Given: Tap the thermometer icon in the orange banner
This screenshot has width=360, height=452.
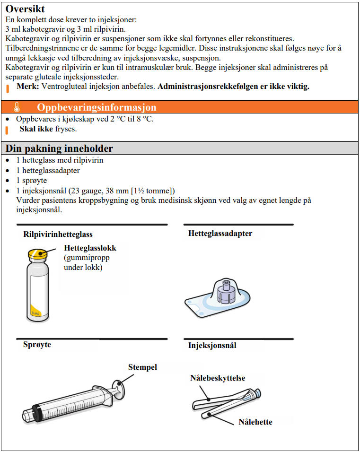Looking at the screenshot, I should [17, 107].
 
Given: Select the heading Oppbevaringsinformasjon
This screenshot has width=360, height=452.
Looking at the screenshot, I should [97, 107].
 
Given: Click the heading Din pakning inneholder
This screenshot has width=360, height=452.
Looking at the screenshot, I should [59, 148].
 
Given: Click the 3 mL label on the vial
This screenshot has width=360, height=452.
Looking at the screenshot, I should [35, 313].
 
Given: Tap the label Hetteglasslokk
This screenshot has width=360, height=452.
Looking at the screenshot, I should [90, 248].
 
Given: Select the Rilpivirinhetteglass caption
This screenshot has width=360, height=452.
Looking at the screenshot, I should [58, 234].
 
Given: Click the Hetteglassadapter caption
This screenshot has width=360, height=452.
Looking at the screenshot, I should [220, 234].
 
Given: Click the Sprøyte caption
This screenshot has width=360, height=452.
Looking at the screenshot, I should [37, 345].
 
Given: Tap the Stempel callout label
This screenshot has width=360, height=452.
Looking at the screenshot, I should [142, 367].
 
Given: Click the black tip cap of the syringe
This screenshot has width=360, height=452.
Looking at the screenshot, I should [28, 414].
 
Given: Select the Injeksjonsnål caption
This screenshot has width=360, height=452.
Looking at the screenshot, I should [212, 346].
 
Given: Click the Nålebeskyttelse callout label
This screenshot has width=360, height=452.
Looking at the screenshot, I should [218, 378].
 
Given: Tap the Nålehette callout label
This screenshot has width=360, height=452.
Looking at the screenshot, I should [255, 422].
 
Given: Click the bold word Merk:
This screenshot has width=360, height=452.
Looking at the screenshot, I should [28, 87].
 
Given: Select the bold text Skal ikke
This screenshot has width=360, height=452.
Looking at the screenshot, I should [36, 129].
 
